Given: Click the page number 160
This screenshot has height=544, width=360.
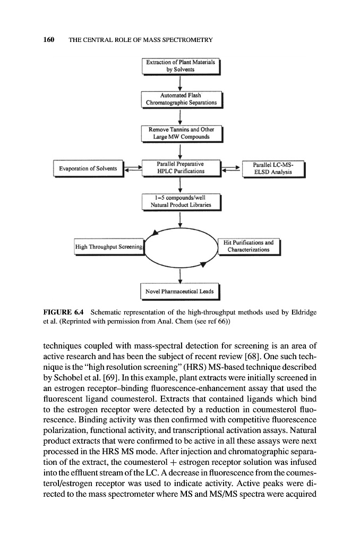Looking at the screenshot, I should point(49,40).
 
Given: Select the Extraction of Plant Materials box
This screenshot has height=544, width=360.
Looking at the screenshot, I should point(181,66).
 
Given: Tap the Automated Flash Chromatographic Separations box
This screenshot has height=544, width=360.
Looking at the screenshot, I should point(181,99).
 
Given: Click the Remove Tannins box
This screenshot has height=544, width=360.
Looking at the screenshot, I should point(181,133).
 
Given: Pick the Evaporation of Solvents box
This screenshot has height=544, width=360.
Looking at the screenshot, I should point(88,168).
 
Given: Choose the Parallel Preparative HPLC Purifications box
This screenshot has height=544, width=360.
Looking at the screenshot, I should point(181,167).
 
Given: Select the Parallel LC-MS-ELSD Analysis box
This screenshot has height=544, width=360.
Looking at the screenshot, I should point(273,168).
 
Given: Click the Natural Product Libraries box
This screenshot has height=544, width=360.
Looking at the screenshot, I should point(181,201).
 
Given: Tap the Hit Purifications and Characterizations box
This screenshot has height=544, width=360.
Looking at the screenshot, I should point(250,246).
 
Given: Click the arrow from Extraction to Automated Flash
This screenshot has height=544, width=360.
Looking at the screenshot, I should point(181,82).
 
